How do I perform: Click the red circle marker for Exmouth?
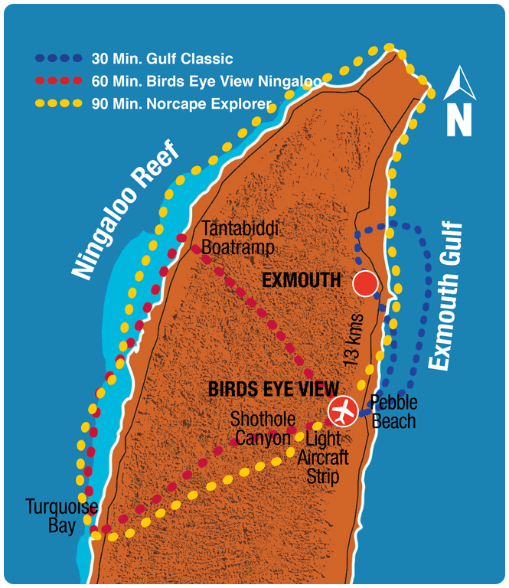pos(365,284)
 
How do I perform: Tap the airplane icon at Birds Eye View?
pos(342,410)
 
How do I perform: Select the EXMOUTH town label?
pos(301,281)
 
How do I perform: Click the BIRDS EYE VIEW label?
pos(272,390)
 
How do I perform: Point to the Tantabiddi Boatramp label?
pos(240,238)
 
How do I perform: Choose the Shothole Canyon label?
pos(261,429)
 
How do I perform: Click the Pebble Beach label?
pos(393,412)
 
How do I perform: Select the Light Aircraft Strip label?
pos(327,457)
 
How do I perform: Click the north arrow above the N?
pos(459,84)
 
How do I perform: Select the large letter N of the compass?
pos(459,119)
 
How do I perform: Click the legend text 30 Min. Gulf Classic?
pos(162,58)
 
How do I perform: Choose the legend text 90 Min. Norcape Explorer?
pos(181,103)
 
